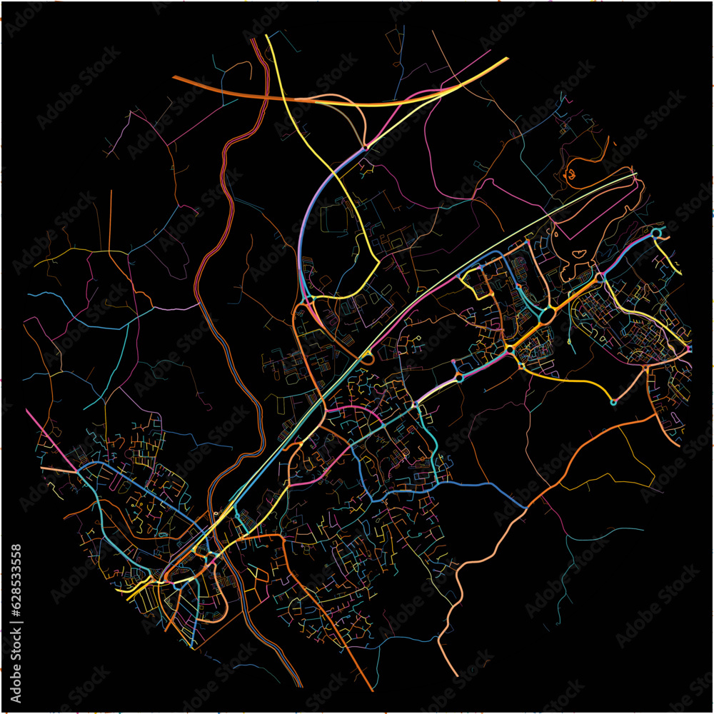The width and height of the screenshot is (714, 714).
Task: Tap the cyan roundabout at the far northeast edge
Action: [657, 233]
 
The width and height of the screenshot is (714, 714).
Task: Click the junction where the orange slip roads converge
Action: [365, 146]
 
